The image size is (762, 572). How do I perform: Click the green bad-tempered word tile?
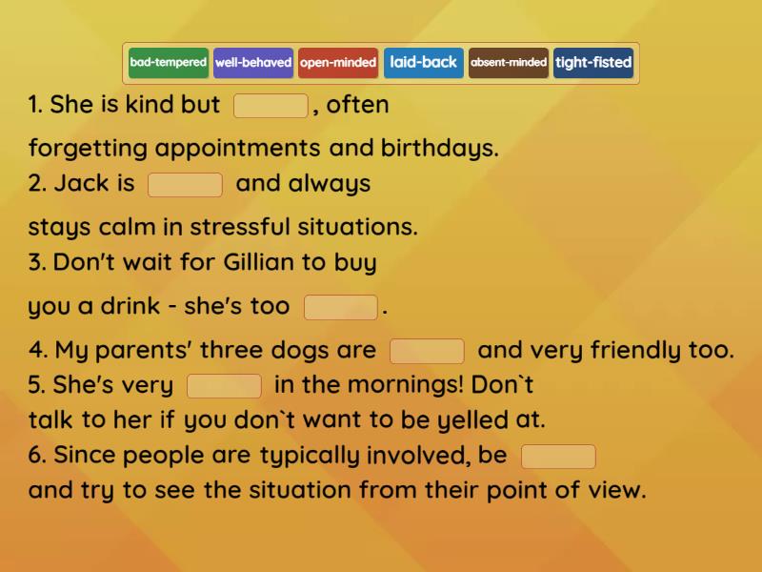tap(168, 63)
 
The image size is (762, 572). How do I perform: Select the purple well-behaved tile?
tap(253, 63)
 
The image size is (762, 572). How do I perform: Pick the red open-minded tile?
tap(338, 63)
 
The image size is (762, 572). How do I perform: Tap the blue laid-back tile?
tap(424, 63)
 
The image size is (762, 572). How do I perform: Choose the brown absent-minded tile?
tap(509, 63)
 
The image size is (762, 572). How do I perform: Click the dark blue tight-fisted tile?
tap(593, 63)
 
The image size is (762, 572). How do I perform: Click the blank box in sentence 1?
tap(271, 106)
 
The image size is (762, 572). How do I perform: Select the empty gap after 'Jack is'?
tap(186, 185)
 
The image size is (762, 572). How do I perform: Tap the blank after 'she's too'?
tap(341, 308)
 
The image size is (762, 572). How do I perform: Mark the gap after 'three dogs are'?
tap(428, 352)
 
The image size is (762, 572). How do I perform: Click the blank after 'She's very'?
tap(225, 386)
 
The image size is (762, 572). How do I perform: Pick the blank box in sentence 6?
tap(559, 457)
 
